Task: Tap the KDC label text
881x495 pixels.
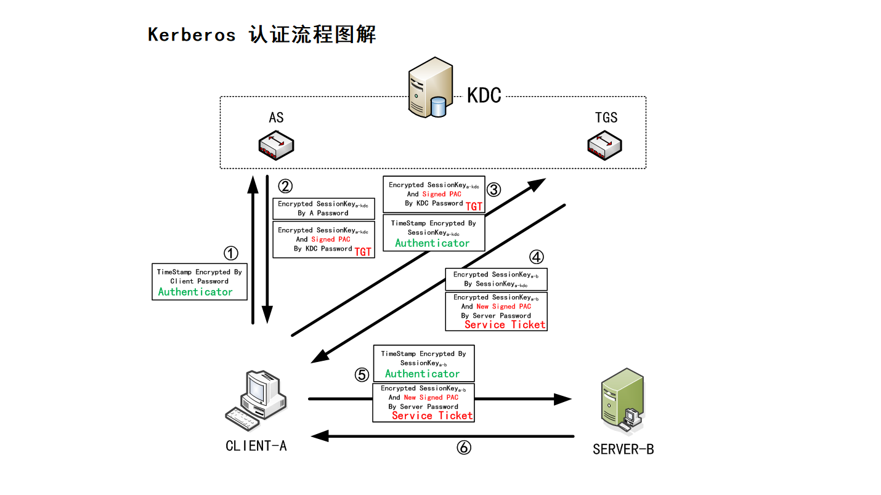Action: pyautogui.click(x=484, y=95)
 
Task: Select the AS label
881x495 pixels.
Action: pyautogui.click(x=276, y=118)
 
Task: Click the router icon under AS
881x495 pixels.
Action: pyautogui.click(x=276, y=145)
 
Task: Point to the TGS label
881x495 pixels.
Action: pyautogui.click(x=606, y=118)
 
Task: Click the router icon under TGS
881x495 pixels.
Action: pyautogui.click(x=604, y=145)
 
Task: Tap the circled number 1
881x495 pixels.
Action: pyautogui.click(x=230, y=253)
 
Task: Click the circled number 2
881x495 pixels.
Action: pyautogui.click(x=285, y=186)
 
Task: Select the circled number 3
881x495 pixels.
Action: pyautogui.click(x=494, y=190)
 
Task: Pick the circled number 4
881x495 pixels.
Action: pyautogui.click(x=537, y=257)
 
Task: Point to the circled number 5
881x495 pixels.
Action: pyautogui.click(x=362, y=374)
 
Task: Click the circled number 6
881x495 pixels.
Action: pyautogui.click(x=464, y=448)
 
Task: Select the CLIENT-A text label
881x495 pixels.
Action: pyautogui.click(x=256, y=446)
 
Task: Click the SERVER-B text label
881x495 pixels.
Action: pyautogui.click(x=623, y=449)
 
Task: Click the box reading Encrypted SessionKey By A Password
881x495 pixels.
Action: pyautogui.click(x=324, y=209)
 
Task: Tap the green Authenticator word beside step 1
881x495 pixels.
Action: pyautogui.click(x=195, y=292)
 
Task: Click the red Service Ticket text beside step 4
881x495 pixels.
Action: pyautogui.click(x=505, y=324)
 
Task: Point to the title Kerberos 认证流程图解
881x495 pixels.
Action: pyautogui.click(x=262, y=34)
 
